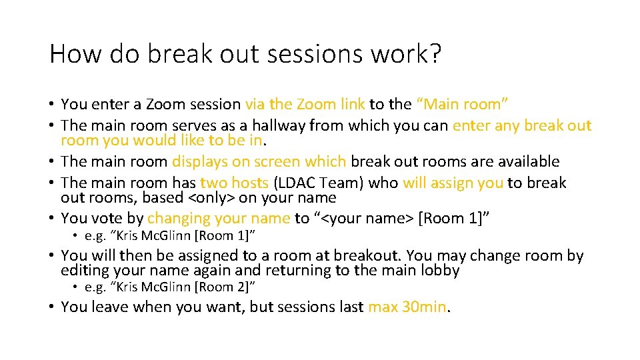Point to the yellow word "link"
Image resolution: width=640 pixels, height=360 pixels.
tap(352, 104)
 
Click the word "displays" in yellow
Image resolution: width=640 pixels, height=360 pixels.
tap(197, 161)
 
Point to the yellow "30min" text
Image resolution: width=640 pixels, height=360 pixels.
tap(425, 307)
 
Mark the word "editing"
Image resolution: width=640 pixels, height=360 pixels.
tap(83, 270)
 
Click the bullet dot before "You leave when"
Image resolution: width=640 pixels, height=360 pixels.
tap(52, 307)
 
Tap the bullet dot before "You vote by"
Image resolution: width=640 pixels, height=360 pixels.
tap(52, 219)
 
